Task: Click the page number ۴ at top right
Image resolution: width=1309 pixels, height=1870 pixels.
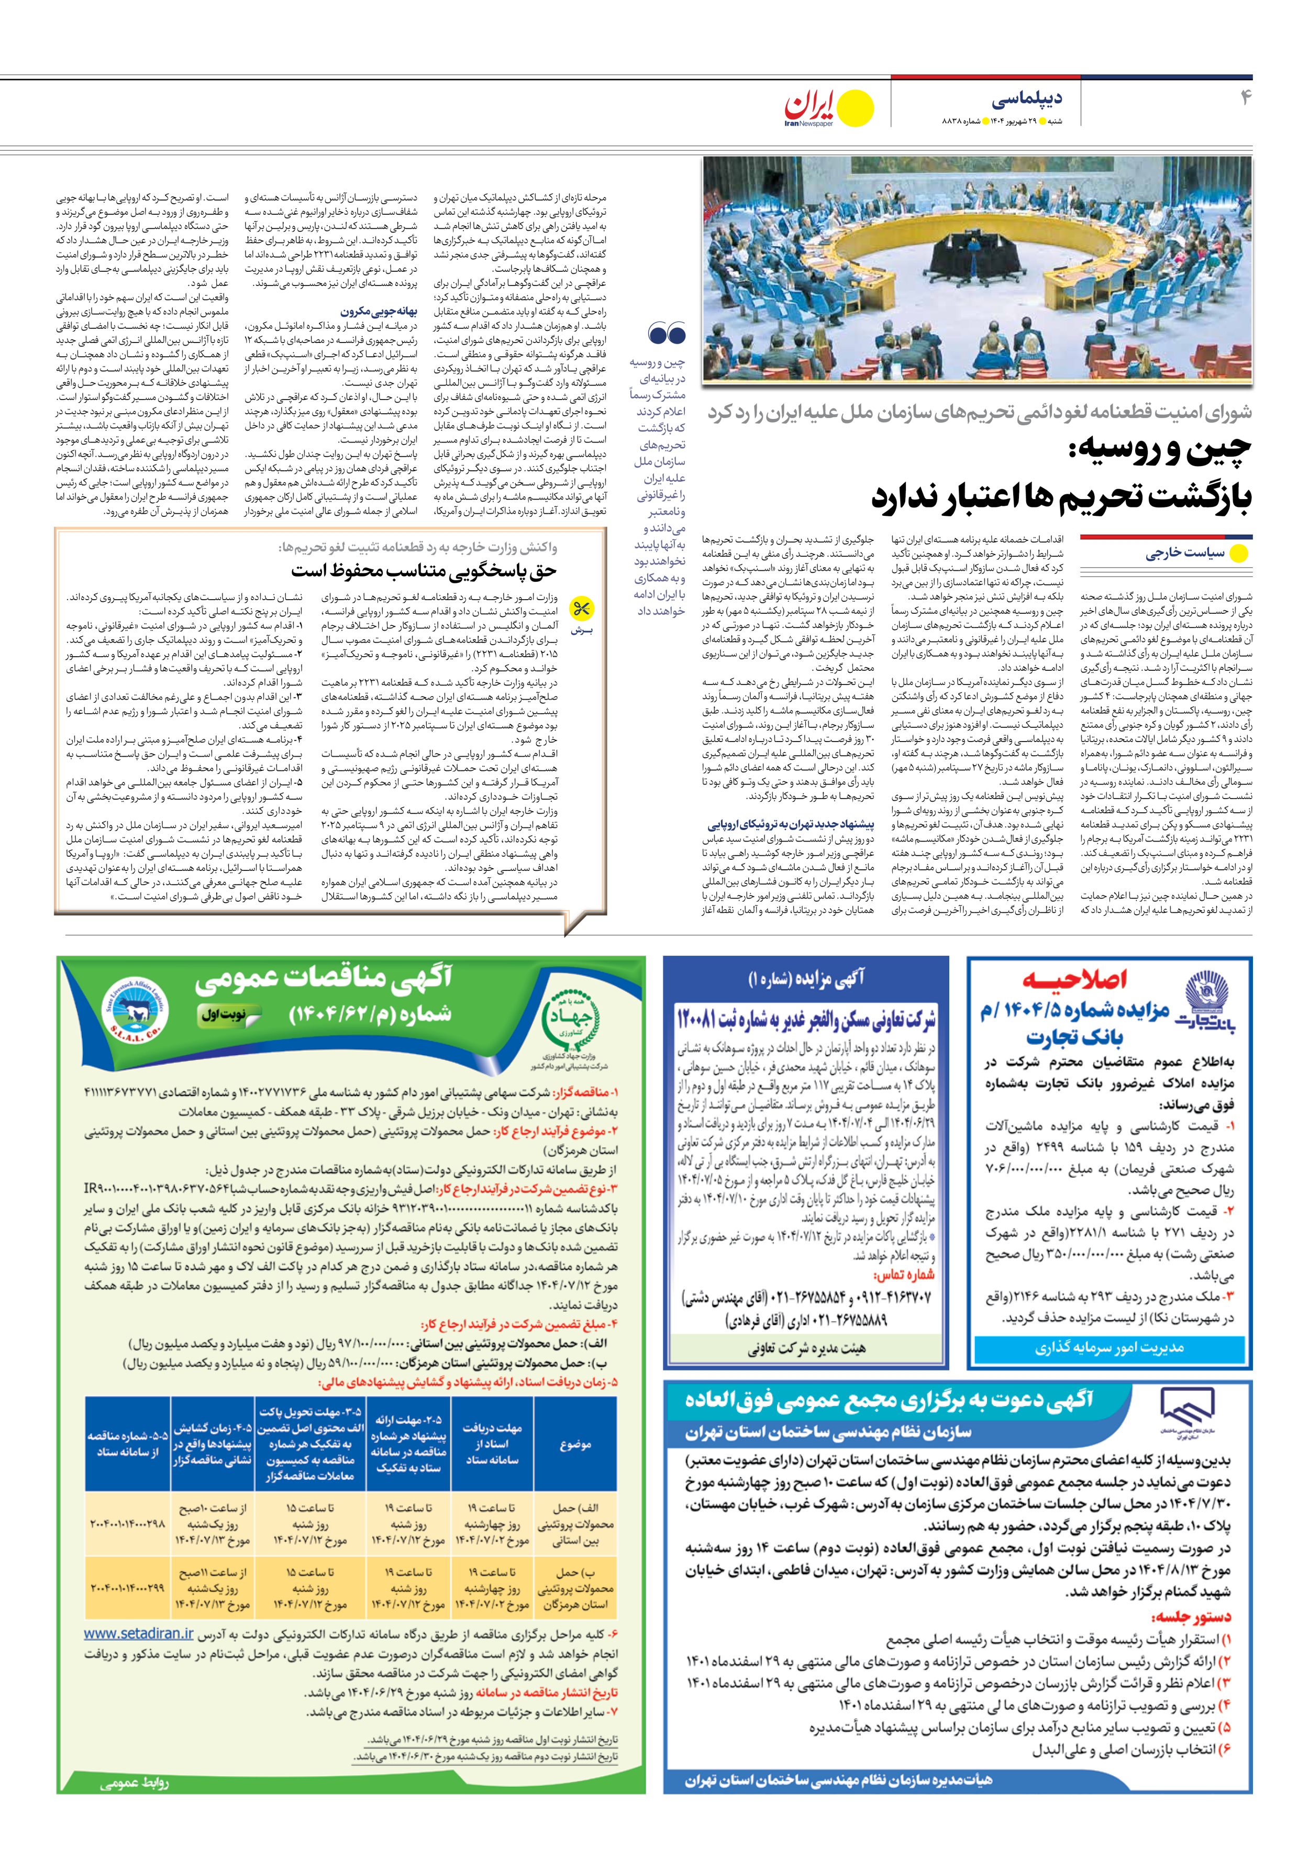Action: pyautogui.click(x=1245, y=98)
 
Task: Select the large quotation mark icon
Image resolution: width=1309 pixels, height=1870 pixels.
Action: pyautogui.click(x=667, y=333)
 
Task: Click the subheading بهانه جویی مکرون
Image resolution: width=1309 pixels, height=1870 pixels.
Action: pyautogui.click(x=379, y=311)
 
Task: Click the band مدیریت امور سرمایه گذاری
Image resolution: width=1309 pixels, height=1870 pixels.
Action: pyautogui.click(x=1108, y=1348)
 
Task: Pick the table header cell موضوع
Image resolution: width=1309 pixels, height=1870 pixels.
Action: pyautogui.click(x=575, y=1444)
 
